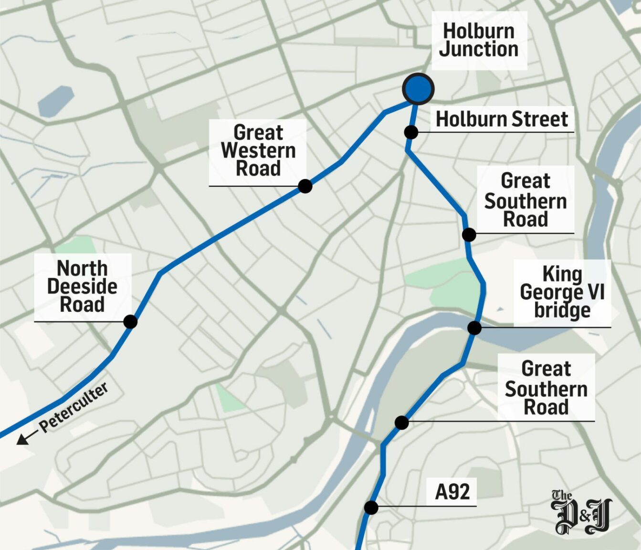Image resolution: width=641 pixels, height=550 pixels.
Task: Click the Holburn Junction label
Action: click(x=479, y=41)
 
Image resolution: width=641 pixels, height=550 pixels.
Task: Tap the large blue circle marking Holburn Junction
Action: click(x=418, y=89)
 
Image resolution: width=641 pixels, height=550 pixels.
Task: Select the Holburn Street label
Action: click(x=502, y=119)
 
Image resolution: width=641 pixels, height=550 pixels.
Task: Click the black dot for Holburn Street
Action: click(x=411, y=132)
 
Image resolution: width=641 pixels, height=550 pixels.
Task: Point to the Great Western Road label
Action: click(x=258, y=150)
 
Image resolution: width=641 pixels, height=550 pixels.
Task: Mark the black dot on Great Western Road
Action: click(x=305, y=186)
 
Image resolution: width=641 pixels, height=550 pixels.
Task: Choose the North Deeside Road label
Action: click(x=82, y=286)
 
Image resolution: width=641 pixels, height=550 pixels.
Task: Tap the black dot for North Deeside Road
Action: click(x=130, y=322)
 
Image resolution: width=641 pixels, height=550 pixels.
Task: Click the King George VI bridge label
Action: click(x=562, y=292)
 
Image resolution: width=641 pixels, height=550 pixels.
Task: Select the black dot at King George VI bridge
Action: click(x=474, y=328)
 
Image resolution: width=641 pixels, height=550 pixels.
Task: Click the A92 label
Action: click(x=452, y=492)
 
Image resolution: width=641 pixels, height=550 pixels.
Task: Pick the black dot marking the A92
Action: click(x=371, y=508)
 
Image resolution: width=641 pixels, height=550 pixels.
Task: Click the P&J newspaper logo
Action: click(x=581, y=512)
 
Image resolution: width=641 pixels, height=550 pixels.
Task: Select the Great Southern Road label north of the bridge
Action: click(x=525, y=200)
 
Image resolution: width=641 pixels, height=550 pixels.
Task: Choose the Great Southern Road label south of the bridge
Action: click(x=546, y=388)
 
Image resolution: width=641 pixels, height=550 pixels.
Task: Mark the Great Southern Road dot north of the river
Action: click(x=469, y=235)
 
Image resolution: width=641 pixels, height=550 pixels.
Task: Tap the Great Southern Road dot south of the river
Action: click(x=402, y=423)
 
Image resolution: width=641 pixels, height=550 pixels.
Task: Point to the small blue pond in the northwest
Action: click(x=55, y=101)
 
